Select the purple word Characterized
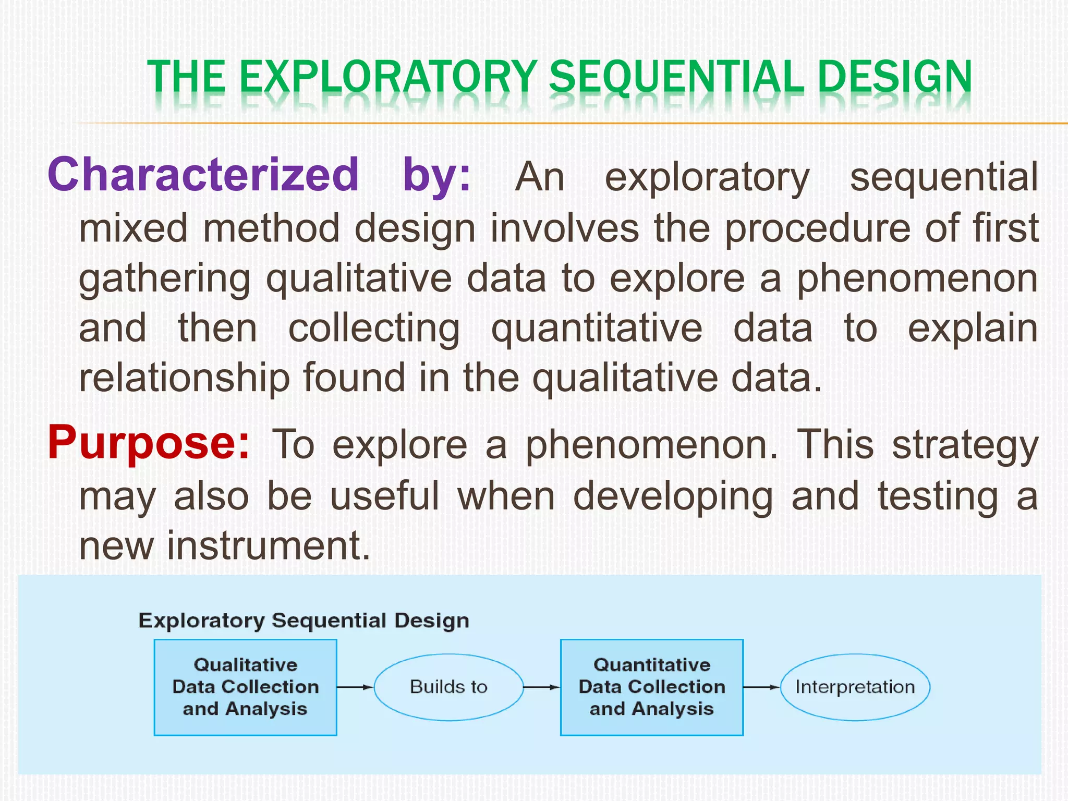click(203, 175)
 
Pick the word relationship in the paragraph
click(184, 378)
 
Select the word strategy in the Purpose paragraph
click(965, 446)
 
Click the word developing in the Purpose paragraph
click(673, 496)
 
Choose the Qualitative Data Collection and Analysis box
click(245, 687)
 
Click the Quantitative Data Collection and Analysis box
click(651, 687)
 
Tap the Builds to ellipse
click(448, 687)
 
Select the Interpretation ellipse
click(855, 687)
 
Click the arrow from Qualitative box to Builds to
click(355, 687)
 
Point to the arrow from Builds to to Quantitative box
click(541, 687)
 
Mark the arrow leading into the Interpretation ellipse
click(761, 687)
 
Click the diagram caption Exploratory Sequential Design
click(304, 621)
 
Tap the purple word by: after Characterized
click(436, 175)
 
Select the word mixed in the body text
click(133, 228)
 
